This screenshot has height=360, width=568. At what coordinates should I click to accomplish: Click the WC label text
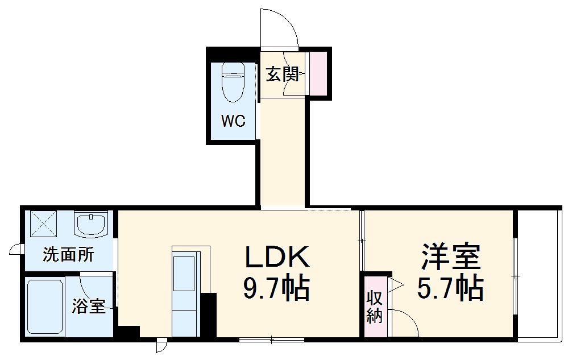point(233,121)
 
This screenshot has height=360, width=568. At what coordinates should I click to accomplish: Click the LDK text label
point(277,258)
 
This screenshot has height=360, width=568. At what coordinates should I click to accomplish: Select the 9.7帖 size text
point(277,289)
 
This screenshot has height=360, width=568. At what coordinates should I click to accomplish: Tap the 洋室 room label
point(451,258)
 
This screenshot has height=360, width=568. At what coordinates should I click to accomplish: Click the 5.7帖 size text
point(451,289)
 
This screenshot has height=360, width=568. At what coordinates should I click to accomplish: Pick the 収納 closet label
point(374,307)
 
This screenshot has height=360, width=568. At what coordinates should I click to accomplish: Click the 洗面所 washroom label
point(68,255)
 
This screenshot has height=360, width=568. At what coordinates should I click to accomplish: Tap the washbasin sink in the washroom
point(91,224)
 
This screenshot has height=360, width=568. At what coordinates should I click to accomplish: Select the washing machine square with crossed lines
point(43,224)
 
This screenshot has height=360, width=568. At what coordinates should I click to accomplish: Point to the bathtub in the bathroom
point(45,307)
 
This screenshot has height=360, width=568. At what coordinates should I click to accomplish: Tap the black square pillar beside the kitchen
point(209,314)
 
